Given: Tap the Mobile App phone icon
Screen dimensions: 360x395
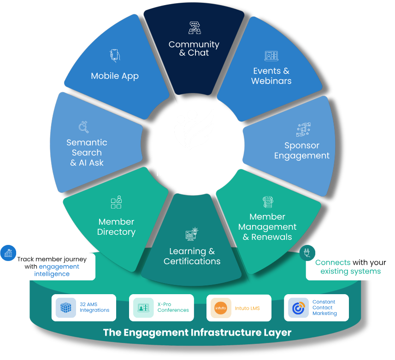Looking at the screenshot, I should [x=115, y=56].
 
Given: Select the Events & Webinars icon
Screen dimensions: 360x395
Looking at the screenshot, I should [x=271, y=56].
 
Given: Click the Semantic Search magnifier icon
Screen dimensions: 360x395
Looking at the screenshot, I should [x=84, y=127].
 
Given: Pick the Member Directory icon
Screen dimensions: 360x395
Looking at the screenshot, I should [x=116, y=203].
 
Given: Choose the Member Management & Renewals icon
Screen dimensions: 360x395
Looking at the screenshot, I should [x=268, y=202].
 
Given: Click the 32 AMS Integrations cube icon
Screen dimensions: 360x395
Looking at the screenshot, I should [x=66, y=308].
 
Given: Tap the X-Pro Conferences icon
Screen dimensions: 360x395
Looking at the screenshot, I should [x=143, y=308].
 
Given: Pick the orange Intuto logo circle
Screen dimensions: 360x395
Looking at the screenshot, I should [x=221, y=308].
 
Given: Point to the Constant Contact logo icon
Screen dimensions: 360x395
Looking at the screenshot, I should [x=298, y=308].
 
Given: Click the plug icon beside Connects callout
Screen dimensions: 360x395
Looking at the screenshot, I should [x=307, y=253].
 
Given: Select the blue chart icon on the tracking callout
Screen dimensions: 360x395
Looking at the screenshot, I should [x=8, y=253].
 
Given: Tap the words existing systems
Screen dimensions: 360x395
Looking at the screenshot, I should [x=350, y=271].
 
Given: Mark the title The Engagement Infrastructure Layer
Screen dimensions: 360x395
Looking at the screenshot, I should [x=197, y=332].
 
